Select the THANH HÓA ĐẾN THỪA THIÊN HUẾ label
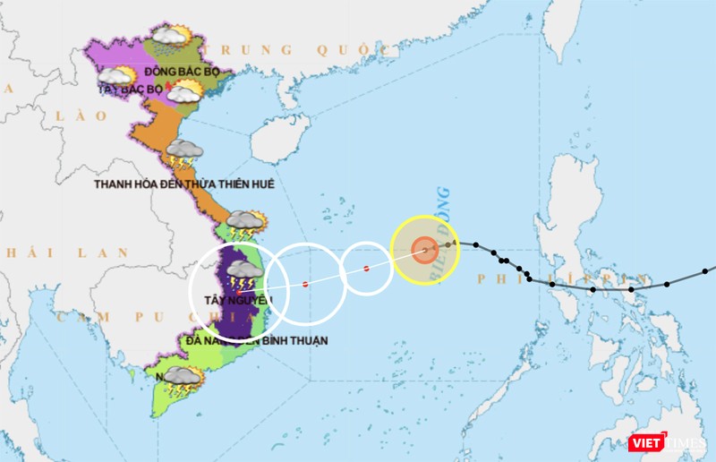click(183, 184)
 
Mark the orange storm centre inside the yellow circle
click(425, 250)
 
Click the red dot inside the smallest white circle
click(366, 269)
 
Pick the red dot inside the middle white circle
click(305, 285)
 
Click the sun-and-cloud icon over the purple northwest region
click(117, 78)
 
